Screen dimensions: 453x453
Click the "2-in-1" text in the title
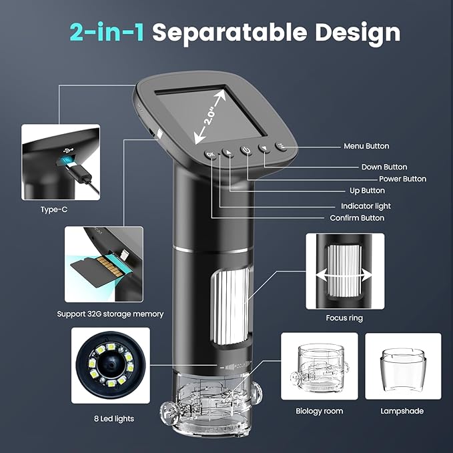coord(107,32)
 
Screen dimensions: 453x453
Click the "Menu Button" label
coord(366,146)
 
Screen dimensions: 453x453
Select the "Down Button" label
coord(384,167)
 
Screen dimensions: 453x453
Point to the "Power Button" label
coord(402,179)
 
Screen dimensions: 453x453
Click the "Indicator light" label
coord(366,206)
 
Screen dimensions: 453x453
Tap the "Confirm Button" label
coord(357,218)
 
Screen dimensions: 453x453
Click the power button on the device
coord(247,150)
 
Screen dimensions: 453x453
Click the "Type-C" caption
coord(54,209)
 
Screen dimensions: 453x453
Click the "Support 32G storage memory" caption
coord(110,314)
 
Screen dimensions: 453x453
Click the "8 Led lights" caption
coord(115,418)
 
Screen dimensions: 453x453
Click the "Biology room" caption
coord(320,411)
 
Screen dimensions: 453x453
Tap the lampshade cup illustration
coord(403,366)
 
